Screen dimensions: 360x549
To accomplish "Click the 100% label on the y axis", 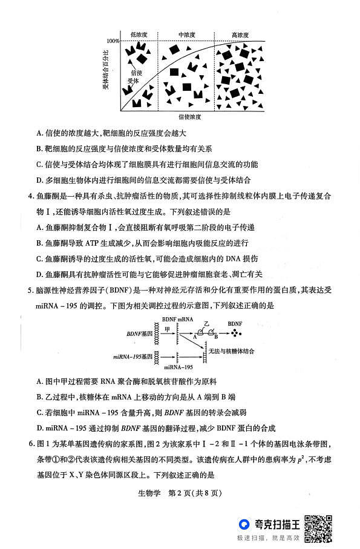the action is [113, 41].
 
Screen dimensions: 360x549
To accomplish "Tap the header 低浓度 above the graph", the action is [139, 35].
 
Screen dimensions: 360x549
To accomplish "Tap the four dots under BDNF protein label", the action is [233, 332].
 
